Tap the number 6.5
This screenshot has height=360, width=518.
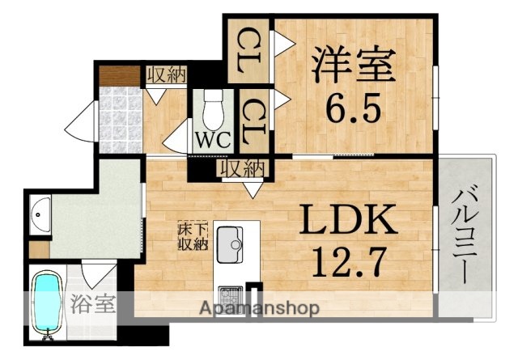(354, 107)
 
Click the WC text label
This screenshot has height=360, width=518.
(213, 138)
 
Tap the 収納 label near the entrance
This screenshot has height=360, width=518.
(167, 74)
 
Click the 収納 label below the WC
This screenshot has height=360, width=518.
(241, 169)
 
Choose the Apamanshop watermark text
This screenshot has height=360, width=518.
(259, 307)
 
